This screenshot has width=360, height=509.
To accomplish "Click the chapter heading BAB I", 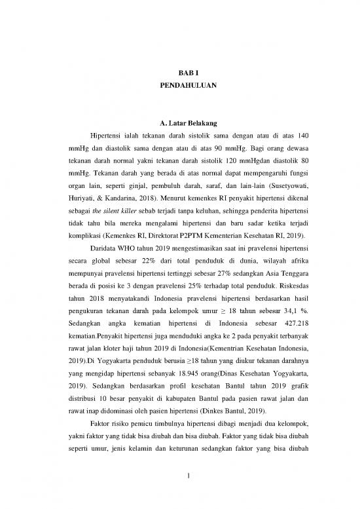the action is pyautogui.click(x=179, y=74).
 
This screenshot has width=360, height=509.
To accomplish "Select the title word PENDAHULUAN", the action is pyautogui.click(x=179, y=86).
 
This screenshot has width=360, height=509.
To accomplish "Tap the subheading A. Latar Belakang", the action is pyautogui.click(x=179, y=123).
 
